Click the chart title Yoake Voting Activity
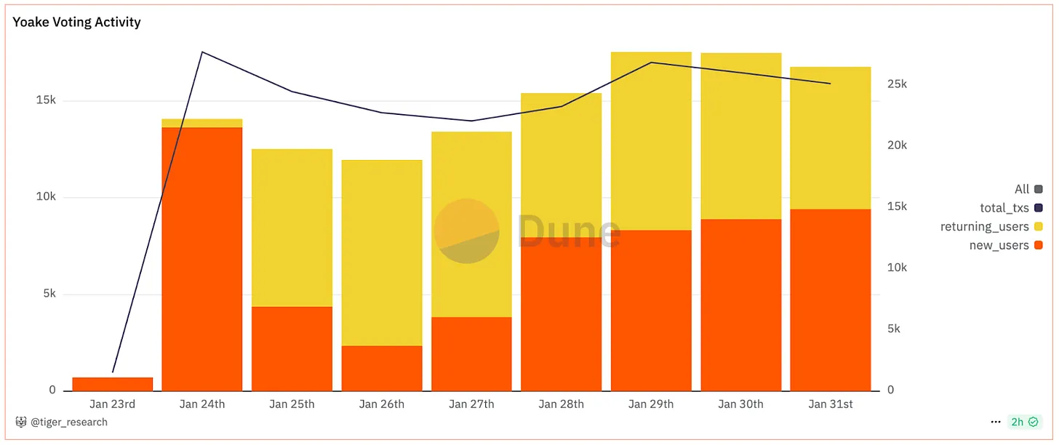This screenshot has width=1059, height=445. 76,22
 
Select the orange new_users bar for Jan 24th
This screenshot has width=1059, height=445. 201,258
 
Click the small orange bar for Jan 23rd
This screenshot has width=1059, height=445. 113,384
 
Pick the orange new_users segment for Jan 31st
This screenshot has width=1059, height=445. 830,300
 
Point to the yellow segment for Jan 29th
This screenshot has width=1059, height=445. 651,141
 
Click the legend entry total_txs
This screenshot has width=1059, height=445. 1004,208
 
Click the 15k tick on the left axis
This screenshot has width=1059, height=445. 46,100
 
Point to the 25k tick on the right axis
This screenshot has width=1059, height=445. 897,84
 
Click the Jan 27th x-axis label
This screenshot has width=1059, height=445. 471,404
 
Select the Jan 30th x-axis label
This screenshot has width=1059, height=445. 740,404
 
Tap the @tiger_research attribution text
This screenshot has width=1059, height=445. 68,422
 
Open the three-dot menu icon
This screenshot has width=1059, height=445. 995,422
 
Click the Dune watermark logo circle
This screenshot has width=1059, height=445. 466,231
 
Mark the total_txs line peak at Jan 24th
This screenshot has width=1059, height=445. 202,52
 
